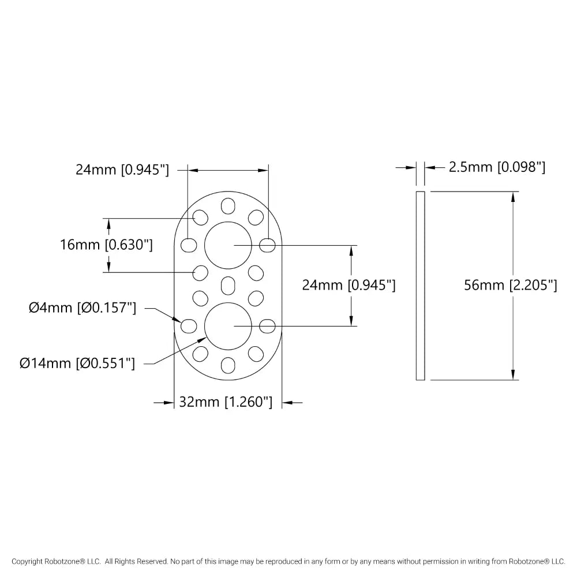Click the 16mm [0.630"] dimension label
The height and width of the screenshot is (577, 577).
[x=106, y=245]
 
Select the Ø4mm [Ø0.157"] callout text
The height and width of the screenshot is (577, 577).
[x=83, y=308]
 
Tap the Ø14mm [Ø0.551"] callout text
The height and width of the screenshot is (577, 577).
[x=77, y=364]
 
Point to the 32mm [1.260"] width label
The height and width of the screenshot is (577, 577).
[x=225, y=403]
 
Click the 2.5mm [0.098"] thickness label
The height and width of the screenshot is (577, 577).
[x=497, y=167]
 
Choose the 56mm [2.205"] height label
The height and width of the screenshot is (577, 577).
[x=510, y=285]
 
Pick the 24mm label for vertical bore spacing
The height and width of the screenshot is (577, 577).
[x=349, y=285]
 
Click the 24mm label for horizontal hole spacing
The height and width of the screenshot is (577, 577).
[x=122, y=170]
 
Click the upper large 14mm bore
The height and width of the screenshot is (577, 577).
[x=228, y=245]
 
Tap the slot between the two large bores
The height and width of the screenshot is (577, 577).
[x=228, y=285]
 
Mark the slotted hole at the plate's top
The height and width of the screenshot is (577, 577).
[x=228, y=207]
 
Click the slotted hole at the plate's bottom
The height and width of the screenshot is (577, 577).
[x=228, y=364]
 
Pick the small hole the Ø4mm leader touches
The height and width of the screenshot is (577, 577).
[x=188, y=326]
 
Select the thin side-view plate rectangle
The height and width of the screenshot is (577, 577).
[x=420, y=285]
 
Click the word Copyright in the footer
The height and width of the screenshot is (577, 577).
[x=27, y=561]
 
